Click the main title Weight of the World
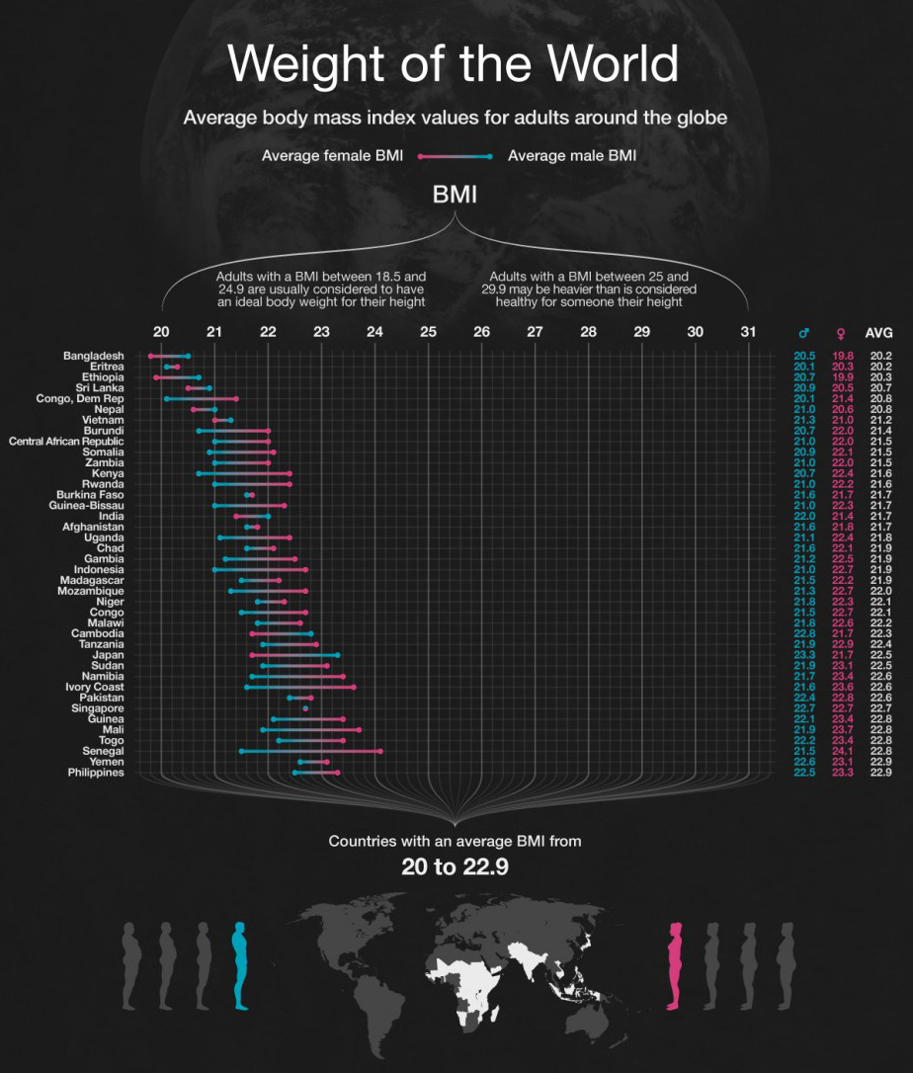pos(454,64)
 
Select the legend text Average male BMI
pos(571,155)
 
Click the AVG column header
pos(879,333)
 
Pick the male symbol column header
pos(804,333)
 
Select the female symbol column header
pos(841,333)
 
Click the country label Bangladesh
pos(93,356)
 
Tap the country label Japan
pos(108,655)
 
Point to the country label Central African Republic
pos(66,442)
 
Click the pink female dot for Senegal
pos(380,752)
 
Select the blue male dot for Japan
pos(338,655)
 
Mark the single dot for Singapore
pos(305,708)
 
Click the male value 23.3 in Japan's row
pos(804,655)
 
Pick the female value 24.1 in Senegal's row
pos(841,752)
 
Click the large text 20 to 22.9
pos(455,867)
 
